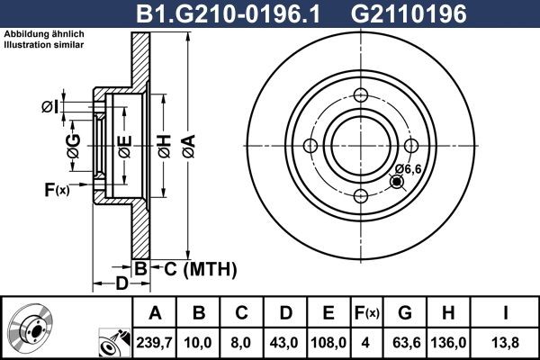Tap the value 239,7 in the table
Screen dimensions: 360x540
[154, 341]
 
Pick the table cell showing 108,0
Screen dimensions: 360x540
[329, 341]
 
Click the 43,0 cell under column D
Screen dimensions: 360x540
[285, 341]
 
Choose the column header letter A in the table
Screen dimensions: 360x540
[154, 313]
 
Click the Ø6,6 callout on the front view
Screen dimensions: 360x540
[408, 168]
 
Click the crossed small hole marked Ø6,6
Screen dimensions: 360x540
[396, 183]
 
